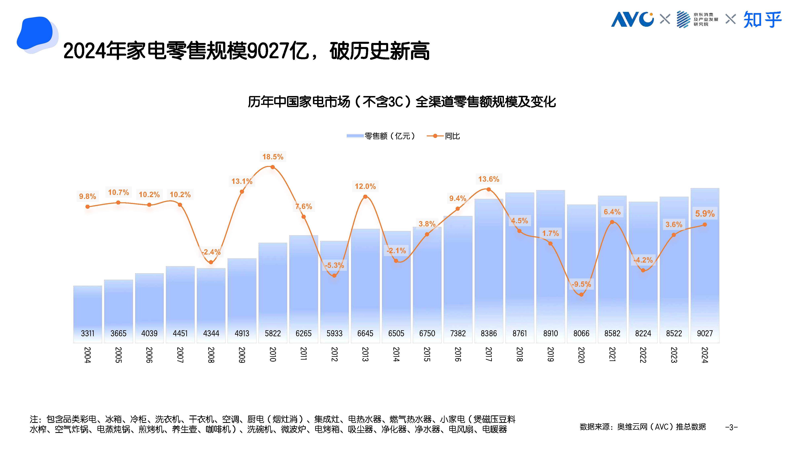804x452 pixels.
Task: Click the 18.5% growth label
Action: pos(273,157)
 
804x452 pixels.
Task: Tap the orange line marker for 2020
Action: pos(581,295)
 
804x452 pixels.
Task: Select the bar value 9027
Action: pos(705,333)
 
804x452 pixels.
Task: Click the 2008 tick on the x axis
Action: pos(211,355)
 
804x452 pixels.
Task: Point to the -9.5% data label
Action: pos(581,284)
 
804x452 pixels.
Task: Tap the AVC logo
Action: pos(632,19)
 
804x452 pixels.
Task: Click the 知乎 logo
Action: pos(762,19)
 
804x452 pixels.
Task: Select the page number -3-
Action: pos(731,427)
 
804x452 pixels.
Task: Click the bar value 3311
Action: pos(87,333)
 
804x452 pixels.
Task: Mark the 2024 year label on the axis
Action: pos(705,355)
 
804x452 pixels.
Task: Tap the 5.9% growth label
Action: pos(705,214)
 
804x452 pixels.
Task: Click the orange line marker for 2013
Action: pos(365,196)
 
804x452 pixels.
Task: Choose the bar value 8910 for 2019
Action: pos(550,333)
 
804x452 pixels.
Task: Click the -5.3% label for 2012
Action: pos(334,265)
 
